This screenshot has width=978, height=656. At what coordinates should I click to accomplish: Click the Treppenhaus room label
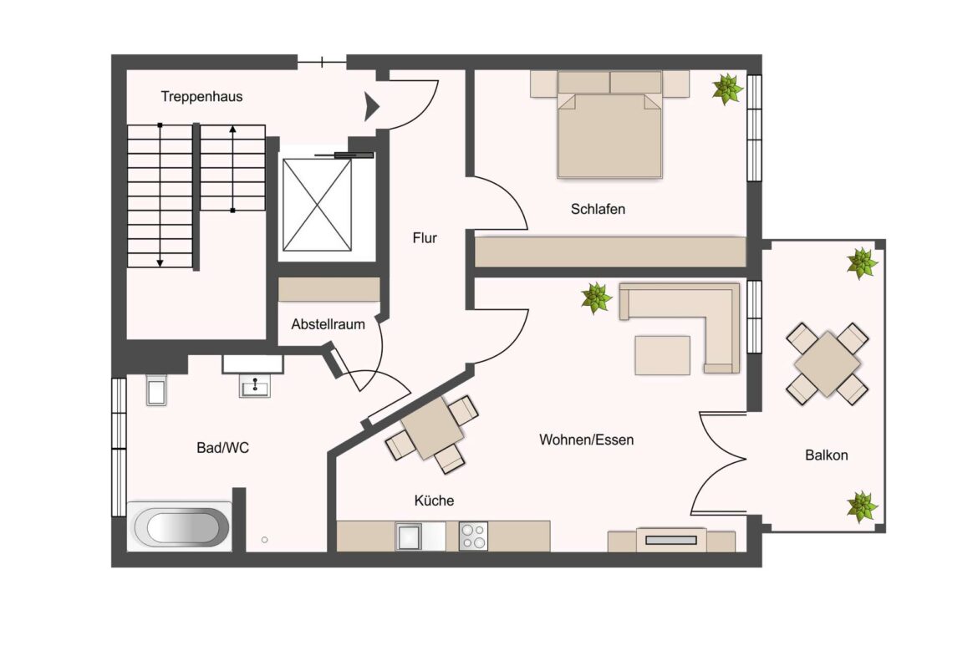(201, 97)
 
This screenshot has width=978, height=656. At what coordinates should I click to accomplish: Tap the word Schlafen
(598, 209)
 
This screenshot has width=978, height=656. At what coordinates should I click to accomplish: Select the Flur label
(425, 237)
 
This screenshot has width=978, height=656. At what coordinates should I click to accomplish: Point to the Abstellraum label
(328, 324)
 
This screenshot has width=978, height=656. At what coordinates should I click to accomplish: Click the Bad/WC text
(222, 448)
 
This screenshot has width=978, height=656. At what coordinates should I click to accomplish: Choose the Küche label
(434, 500)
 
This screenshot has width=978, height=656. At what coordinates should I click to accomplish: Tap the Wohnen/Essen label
(586, 440)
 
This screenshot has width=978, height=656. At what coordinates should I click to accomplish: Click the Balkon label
(827, 455)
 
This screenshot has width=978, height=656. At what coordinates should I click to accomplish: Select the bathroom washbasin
(254, 387)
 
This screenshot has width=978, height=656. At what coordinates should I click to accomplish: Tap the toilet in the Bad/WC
(156, 389)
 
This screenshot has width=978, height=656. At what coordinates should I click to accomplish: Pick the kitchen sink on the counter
(409, 536)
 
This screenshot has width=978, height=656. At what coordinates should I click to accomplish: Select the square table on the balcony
(827, 364)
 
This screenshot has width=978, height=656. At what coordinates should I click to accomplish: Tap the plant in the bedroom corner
(727, 89)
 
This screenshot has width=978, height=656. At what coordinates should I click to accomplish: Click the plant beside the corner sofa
(596, 297)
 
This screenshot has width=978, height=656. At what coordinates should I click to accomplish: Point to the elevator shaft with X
(317, 205)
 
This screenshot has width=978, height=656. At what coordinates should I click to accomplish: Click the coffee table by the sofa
(662, 355)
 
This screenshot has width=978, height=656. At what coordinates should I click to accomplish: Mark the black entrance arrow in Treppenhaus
(371, 107)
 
